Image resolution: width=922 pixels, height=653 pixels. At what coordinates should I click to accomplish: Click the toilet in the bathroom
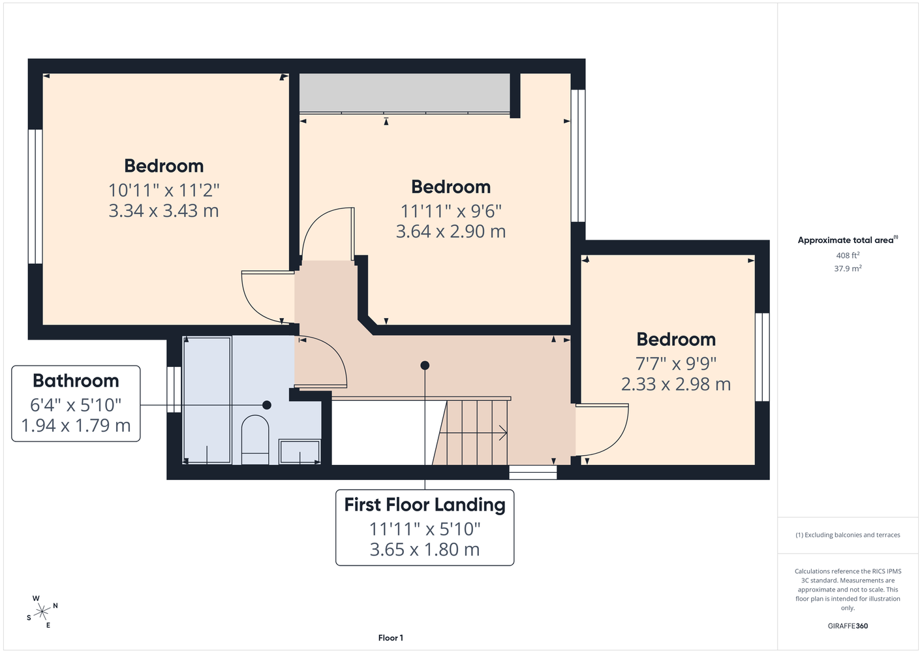pos(255,439)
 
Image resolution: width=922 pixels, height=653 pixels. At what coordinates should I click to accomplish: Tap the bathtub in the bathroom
pos(207,400)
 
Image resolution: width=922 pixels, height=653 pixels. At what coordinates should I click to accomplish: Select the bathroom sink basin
pos(300,451)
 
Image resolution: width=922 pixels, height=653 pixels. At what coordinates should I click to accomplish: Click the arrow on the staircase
pos(473,433)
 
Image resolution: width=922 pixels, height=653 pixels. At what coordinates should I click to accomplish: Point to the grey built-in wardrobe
pos(405,93)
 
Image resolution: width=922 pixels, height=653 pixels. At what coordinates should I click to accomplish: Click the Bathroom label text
pos(76,381)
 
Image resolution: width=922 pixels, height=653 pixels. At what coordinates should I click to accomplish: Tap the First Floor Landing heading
pos(425,505)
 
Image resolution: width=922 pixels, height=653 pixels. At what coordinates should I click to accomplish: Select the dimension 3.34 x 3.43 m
pos(164,211)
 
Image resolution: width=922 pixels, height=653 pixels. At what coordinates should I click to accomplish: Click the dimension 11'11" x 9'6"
pos(451,212)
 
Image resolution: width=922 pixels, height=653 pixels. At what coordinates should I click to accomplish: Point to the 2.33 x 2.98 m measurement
pos(676,385)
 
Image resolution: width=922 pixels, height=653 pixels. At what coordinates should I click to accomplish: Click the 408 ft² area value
pos(848,255)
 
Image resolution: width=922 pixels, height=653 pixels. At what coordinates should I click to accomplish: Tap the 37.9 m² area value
pos(848,268)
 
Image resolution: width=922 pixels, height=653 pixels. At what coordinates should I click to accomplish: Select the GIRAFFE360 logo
pos(848,626)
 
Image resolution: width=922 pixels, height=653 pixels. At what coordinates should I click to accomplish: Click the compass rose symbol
pos(42,613)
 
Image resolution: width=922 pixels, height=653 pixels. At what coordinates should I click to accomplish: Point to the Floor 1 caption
pos(391,638)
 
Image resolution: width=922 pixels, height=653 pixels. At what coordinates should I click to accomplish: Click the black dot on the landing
pos(425,366)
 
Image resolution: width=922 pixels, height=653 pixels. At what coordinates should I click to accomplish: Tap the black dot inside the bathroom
pos(267,405)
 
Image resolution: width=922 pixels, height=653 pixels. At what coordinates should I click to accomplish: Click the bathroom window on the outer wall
pos(174,389)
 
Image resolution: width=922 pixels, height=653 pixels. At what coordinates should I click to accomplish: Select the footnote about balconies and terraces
pos(848,535)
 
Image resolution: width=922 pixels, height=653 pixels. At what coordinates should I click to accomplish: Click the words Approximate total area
pos(846,240)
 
